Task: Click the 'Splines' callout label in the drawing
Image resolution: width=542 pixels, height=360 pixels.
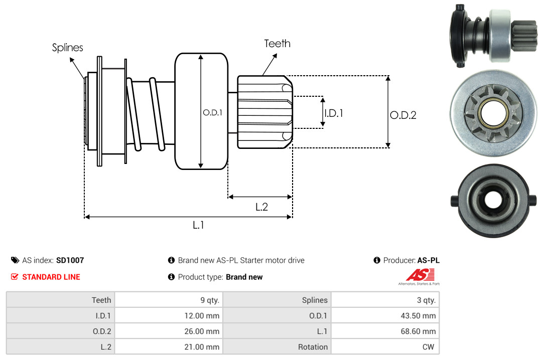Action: pos(68,48)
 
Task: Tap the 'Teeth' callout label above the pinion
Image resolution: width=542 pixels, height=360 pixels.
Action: pos(277,44)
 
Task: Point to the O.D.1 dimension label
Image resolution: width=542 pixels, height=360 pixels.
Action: pos(212,113)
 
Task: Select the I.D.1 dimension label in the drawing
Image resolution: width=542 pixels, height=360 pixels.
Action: pos(334,113)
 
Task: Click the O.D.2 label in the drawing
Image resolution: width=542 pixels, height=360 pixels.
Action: pos(403,115)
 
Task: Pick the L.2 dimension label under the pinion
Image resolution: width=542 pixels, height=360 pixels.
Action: pos(261,207)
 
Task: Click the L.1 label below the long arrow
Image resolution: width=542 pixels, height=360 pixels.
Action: pos(198,225)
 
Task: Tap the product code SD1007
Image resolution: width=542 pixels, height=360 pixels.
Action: pos(70,260)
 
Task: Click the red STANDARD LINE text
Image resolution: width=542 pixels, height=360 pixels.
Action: pos(51,277)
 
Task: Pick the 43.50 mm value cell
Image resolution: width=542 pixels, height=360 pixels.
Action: pos(385,316)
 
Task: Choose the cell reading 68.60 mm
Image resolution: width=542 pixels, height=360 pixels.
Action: pos(385,331)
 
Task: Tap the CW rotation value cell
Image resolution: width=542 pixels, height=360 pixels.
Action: pos(385,347)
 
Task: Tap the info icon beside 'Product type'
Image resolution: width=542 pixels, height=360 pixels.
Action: pos(171,277)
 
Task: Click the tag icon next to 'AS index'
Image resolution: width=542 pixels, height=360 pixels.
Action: pos(15,260)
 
